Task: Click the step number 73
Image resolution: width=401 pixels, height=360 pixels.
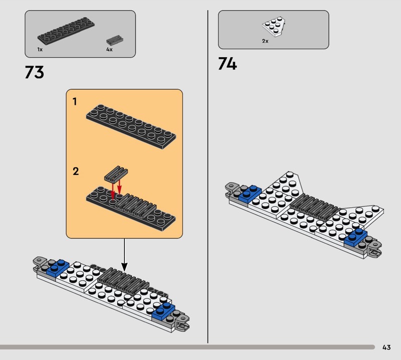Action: click(35, 72)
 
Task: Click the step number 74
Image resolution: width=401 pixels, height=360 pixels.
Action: click(228, 64)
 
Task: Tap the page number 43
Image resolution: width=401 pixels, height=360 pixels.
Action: click(386, 347)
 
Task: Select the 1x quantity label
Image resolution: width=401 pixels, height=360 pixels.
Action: click(40, 49)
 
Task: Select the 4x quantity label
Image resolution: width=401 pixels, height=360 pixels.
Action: click(109, 49)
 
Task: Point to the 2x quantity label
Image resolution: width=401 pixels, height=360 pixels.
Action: click(265, 41)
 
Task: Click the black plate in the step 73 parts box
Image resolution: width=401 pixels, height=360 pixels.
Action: click(66, 31)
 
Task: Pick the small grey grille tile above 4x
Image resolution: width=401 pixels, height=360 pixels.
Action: click(115, 40)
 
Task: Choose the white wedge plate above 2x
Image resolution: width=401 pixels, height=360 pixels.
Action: click(274, 27)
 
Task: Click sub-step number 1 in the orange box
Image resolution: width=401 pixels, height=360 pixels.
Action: click(75, 102)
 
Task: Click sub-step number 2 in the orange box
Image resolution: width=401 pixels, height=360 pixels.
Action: click(76, 171)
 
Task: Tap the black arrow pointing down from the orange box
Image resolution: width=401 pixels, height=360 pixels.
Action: click(124, 255)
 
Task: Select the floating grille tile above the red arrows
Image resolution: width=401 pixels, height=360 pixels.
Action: click(116, 173)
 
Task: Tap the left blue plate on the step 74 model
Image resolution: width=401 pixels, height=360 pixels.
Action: click(250, 193)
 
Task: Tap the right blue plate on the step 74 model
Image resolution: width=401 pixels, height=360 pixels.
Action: click(356, 237)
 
